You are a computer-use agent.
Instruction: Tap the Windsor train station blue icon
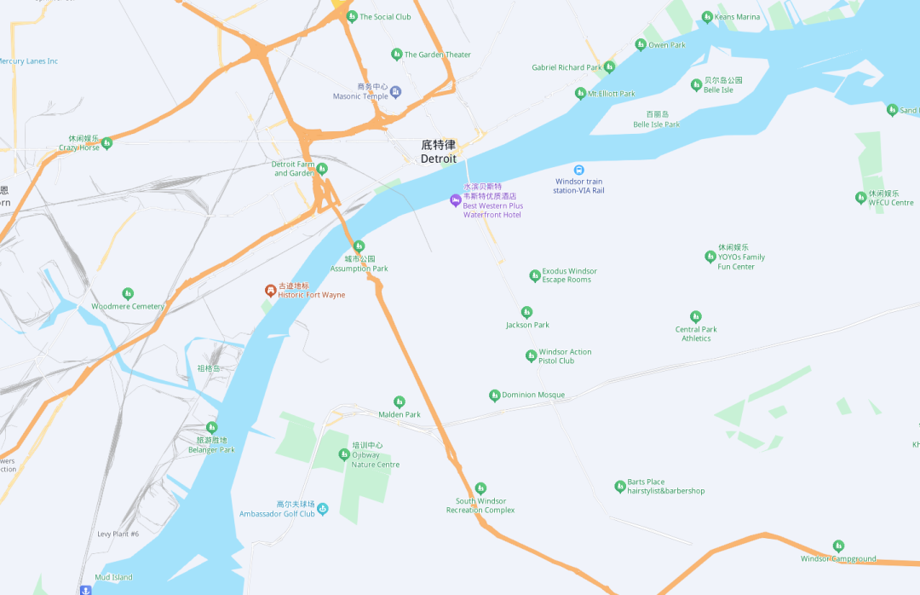pyautogui.click(x=579, y=170)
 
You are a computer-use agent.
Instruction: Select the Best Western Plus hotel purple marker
pyautogui.click(x=455, y=200)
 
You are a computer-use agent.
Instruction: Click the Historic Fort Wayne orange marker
pyautogui.click(x=270, y=291)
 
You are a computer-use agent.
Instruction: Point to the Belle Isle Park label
pyautogui.click(x=656, y=124)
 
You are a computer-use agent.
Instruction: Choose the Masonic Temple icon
pyautogui.click(x=395, y=91)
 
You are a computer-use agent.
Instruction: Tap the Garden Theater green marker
pyautogui.click(x=396, y=55)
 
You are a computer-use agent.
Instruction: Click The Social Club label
pyautogui.click(x=385, y=17)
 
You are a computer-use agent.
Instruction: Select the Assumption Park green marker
pyautogui.click(x=359, y=246)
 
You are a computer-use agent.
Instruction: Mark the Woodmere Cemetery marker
pyautogui.click(x=128, y=294)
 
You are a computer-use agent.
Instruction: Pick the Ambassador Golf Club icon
pyautogui.click(x=323, y=509)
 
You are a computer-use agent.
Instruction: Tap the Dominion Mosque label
pyautogui.click(x=533, y=396)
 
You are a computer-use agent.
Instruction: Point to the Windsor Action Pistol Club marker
pyautogui.click(x=531, y=356)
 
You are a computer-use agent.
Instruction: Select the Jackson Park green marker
pyautogui.click(x=526, y=313)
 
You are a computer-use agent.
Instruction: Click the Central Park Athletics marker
pyautogui.click(x=696, y=317)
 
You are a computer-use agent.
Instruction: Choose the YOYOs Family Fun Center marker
pyautogui.click(x=710, y=257)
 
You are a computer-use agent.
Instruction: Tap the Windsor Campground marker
pyautogui.click(x=838, y=546)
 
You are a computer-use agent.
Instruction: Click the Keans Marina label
pyautogui.click(x=737, y=17)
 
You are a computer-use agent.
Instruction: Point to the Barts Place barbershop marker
pyautogui.click(x=620, y=487)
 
